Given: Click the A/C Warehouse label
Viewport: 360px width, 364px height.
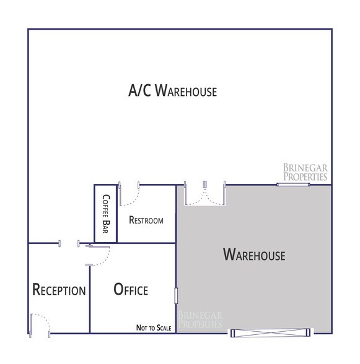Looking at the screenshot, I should point(172,92).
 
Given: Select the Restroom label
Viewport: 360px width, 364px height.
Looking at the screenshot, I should point(146,220).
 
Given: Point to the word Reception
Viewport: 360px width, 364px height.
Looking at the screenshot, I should point(59,290).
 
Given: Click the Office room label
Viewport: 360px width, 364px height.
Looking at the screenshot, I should point(131,289).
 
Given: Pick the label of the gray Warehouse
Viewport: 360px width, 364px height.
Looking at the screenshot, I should point(254,254).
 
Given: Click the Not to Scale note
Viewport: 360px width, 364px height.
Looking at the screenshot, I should point(154,327).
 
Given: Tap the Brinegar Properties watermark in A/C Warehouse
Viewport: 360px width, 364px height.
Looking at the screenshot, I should point(304,171).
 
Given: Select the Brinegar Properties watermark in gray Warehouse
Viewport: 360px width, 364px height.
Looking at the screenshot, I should point(200,319).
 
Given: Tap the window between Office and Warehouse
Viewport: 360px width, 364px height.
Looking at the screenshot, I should point(177,295).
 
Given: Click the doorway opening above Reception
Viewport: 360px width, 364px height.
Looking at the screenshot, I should point(68,243).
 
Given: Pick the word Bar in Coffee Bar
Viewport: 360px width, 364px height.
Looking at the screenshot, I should point(105,229).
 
